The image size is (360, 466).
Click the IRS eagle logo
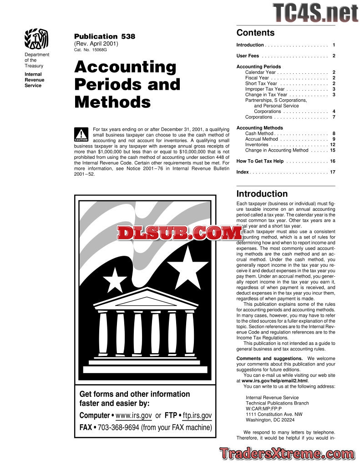click(36, 40)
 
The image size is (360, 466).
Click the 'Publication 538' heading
click(104, 36)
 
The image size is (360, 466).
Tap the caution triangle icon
click(81, 135)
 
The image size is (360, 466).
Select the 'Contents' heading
click(255, 33)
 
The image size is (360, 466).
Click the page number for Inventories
click(333, 145)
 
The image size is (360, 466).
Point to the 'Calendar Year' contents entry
click(260, 72)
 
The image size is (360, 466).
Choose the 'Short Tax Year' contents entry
click(261, 84)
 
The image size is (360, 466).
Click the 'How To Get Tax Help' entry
click(260, 162)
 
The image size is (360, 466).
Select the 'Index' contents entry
click(243, 172)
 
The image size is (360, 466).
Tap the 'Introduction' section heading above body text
click(262, 194)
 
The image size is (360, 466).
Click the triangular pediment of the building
click(146, 299)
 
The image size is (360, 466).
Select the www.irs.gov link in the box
click(134, 415)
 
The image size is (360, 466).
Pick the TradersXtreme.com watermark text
click(286, 454)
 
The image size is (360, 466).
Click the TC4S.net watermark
click(316, 12)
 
